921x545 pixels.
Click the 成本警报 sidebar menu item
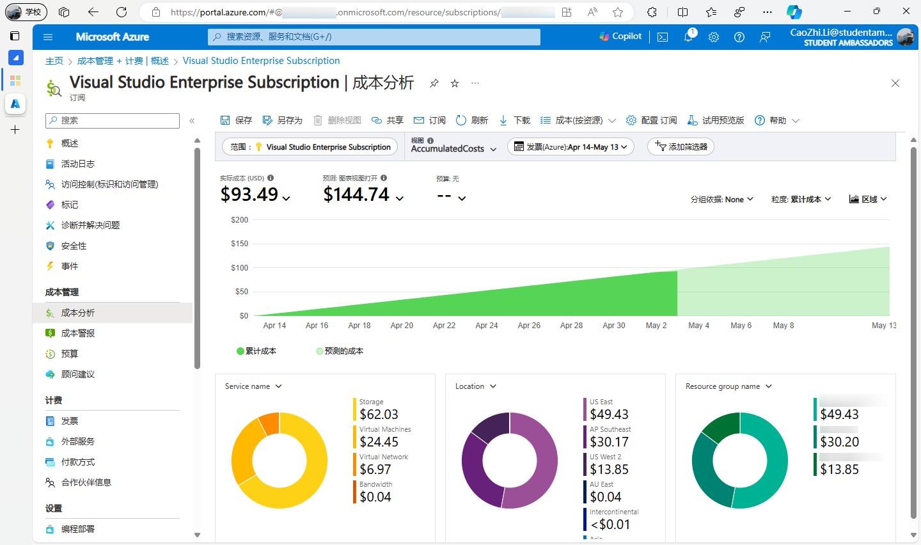(x=77, y=333)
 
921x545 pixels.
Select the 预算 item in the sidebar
(x=69, y=354)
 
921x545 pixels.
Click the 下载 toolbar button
(x=515, y=120)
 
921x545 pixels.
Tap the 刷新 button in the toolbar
(x=472, y=120)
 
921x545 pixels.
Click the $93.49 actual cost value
(x=249, y=194)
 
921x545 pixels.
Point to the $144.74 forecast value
(x=356, y=194)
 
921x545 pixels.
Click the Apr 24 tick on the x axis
(x=486, y=326)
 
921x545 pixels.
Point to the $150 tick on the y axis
(x=239, y=244)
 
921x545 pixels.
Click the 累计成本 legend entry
(x=256, y=351)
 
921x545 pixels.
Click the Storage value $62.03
(x=379, y=415)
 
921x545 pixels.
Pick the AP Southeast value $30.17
(x=609, y=442)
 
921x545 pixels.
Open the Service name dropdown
(x=253, y=386)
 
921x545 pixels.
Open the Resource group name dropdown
(x=728, y=386)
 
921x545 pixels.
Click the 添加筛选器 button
(x=681, y=146)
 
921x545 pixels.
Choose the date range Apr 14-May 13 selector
(x=571, y=146)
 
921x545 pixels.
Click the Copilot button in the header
(x=620, y=36)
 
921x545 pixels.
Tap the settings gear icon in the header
(x=714, y=37)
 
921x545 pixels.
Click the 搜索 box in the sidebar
(x=113, y=120)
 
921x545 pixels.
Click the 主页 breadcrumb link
(x=54, y=61)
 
